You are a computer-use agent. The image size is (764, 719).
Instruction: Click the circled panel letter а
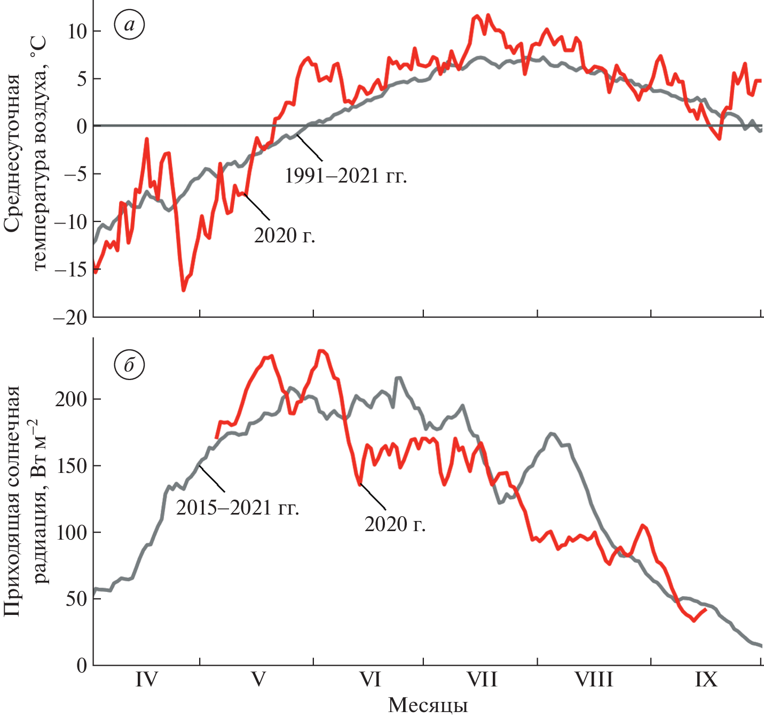(x=129, y=25)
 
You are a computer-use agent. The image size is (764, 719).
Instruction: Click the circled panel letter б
(x=129, y=366)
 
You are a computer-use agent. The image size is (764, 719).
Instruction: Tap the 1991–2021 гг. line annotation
(x=346, y=176)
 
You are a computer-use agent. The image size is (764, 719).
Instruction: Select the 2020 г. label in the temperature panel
(x=285, y=235)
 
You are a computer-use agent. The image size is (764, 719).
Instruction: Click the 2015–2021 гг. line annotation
(x=238, y=508)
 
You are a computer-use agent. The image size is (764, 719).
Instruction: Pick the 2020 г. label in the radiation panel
(x=395, y=524)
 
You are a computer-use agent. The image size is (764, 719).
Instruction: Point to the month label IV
(x=146, y=680)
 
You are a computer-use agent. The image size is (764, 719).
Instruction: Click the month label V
(x=258, y=680)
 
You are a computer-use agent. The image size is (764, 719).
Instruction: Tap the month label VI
(x=370, y=680)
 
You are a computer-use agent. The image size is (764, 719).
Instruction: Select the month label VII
(x=482, y=680)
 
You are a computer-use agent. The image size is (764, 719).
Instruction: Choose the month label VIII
(x=594, y=680)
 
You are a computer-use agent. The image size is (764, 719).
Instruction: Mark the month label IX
(x=706, y=680)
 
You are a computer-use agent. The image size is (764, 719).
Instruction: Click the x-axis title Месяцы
(x=428, y=706)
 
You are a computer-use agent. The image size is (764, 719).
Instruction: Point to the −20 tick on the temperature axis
(x=70, y=317)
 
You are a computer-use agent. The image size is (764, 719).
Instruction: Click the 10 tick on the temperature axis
(x=77, y=31)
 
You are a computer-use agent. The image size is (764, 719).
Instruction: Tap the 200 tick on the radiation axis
(x=70, y=399)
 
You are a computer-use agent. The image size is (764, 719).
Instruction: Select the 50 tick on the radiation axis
(x=76, y=599)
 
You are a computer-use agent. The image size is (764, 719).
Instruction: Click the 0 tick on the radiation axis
(x=81, y=665)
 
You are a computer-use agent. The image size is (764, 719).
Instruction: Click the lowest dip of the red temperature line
(x=184, y=290)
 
